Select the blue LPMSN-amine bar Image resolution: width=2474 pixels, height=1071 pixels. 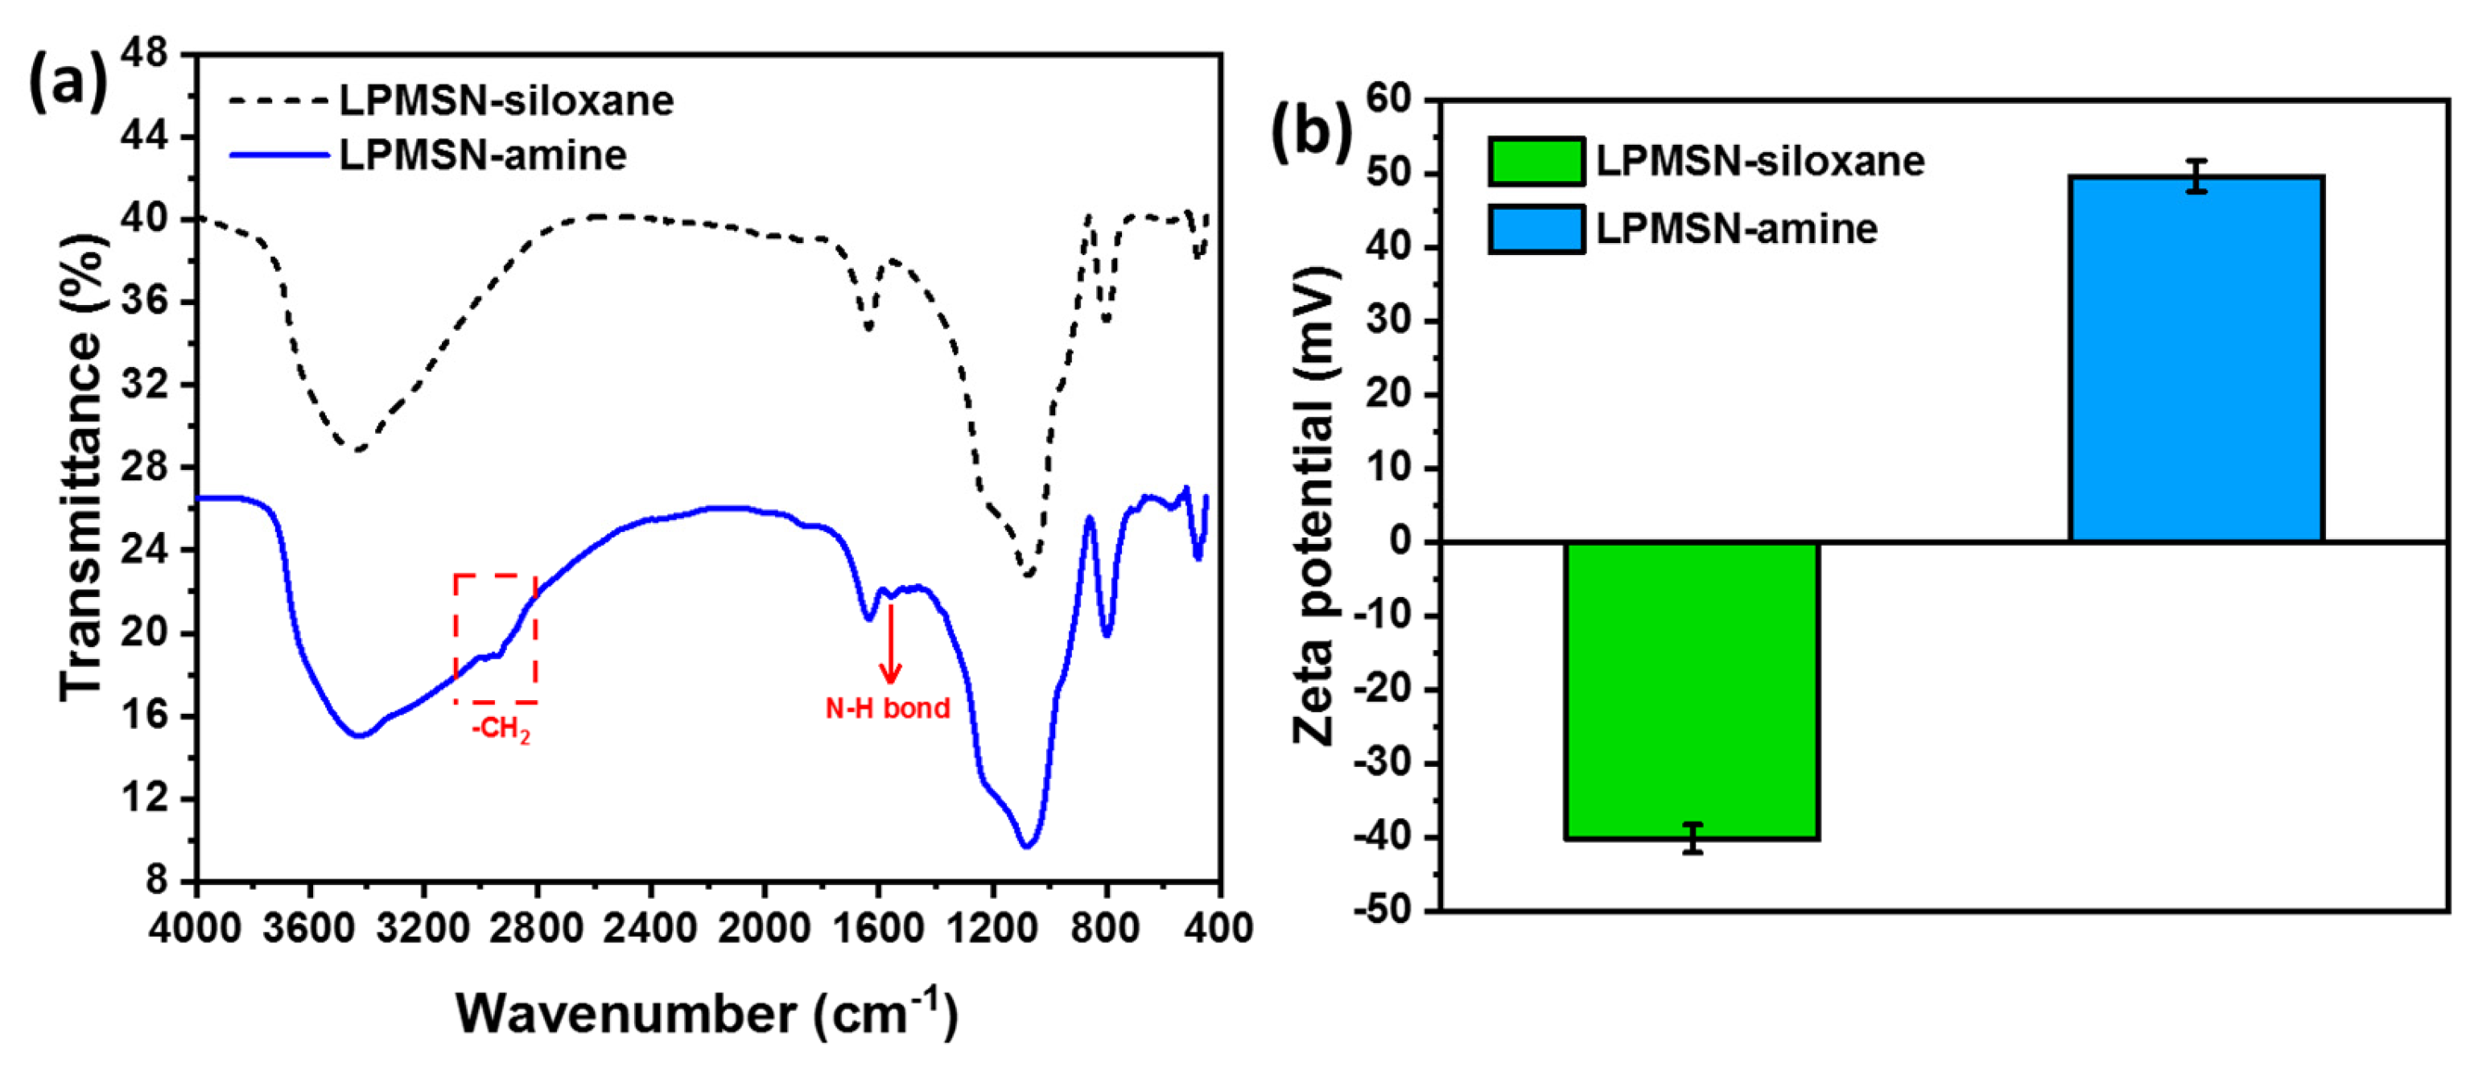[x=2196, y=359]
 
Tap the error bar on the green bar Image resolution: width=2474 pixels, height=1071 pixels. [x=1693, y=838]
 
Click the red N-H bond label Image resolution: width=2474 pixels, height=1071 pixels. [x=888, y=708]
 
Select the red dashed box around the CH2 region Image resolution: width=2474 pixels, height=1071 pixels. [x=496, y=638]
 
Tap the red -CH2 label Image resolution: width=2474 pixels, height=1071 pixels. [x=501, y=729]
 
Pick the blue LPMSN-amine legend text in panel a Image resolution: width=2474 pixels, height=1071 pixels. [x=483, y=155]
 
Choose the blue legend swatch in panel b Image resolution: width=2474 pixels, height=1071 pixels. [x=1536, y=229]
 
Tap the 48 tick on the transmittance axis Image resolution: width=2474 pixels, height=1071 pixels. [x=144, y=55]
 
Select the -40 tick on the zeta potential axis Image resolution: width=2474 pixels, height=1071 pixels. [x=1382, y=838]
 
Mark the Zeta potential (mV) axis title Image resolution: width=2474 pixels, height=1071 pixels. [x=1313, y=506]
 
